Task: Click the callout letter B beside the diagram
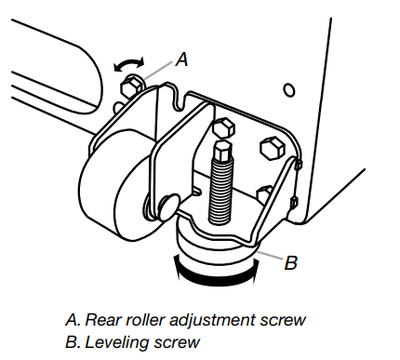pos(289,263)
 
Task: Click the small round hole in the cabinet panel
pos(288,90)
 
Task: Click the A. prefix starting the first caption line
pos(73,320)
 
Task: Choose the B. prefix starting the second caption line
pos(73,341)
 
